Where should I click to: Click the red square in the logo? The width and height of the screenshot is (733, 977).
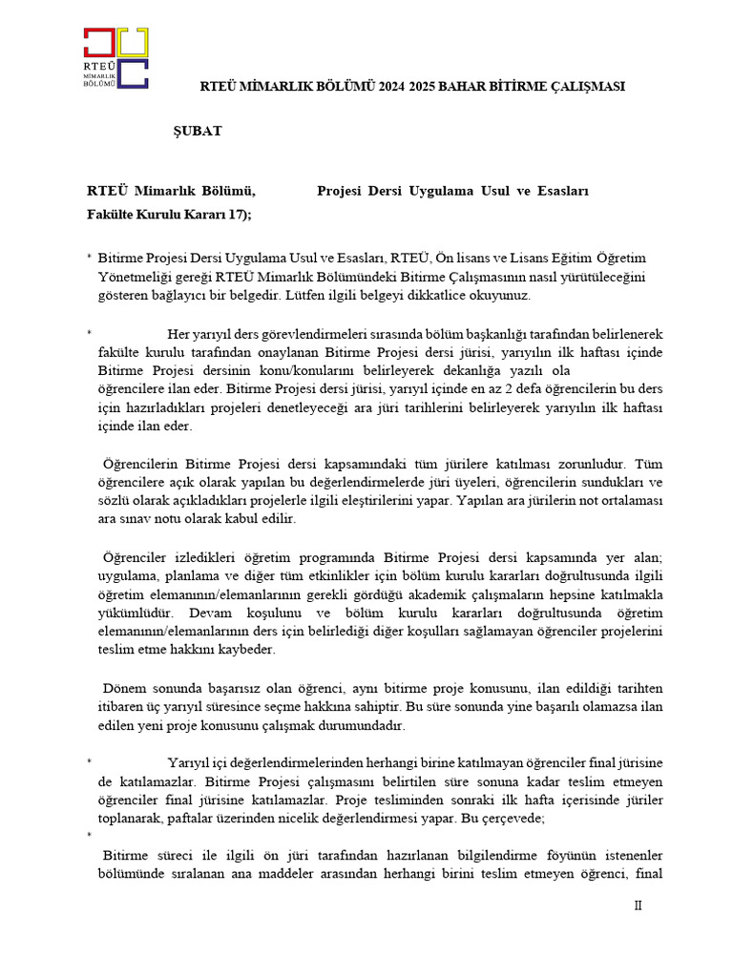tap(99, 42)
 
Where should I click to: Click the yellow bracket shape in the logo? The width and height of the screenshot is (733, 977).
tap(133, 42)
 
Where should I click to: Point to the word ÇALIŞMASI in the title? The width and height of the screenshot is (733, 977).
tap(585, 86)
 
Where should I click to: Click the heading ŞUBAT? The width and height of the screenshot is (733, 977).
tap(197, 131)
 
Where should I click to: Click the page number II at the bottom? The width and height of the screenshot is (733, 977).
tap(639, 906)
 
